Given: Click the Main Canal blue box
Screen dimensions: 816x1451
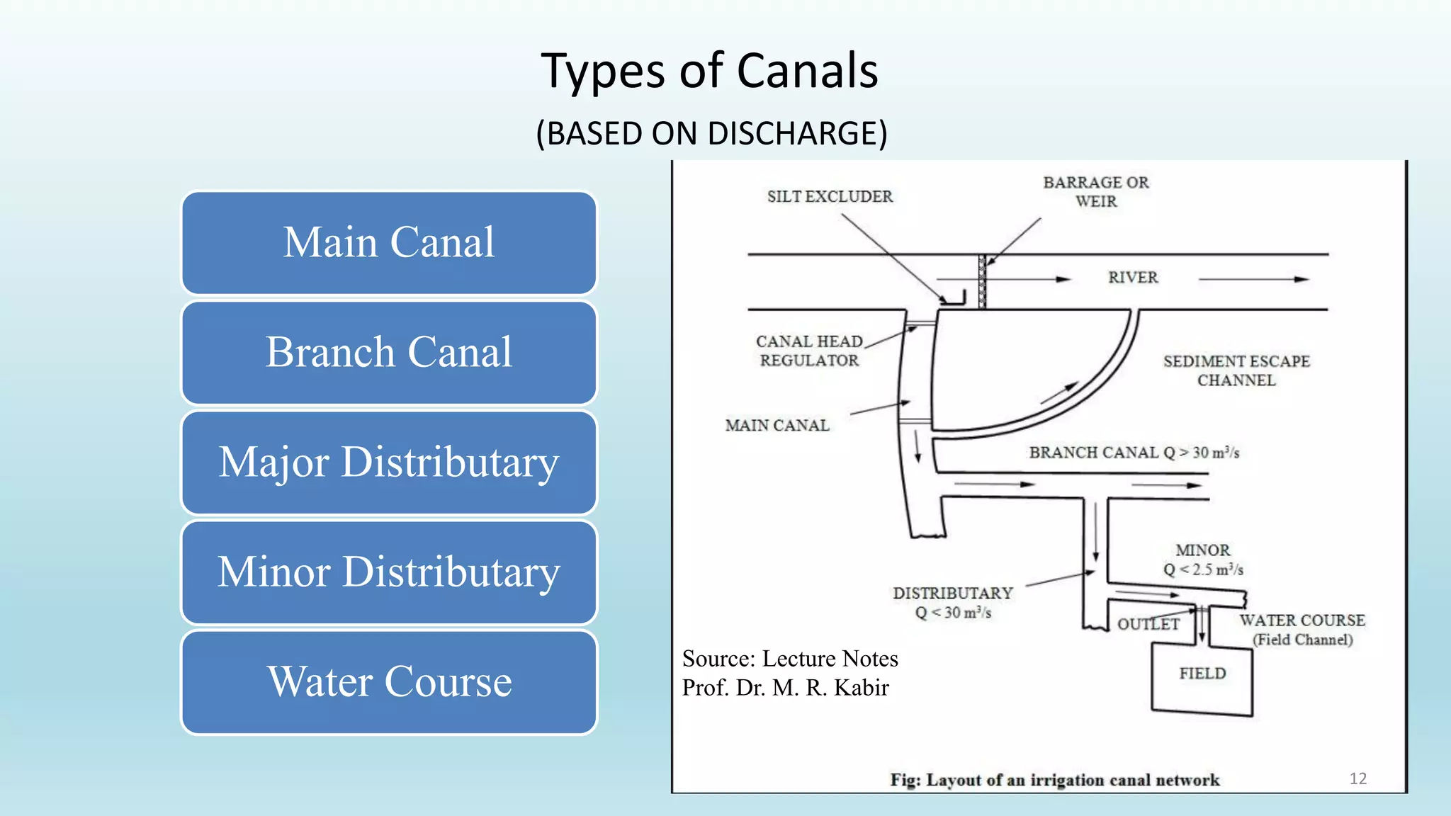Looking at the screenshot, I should pyautogui.click(x=389, y=242).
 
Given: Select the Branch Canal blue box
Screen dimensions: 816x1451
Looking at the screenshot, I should pyautogui.click(x=389, y=352).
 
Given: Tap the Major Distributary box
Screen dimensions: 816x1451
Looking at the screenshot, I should pyautogui.click(x=389, y=462).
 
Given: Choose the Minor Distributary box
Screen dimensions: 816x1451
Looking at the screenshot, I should pyautogui.click(x=389, y=572).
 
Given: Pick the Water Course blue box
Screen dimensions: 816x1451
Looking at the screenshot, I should pyautogui.click(x=389, y=681).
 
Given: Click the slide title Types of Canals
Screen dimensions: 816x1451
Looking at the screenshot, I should pyautogui.click(x=709, y=71).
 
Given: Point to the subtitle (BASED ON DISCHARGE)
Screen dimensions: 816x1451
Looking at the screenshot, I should pyautogui.click(x=711, y=133).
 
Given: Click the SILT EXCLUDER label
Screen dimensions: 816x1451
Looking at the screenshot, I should pyautogui.click(x=830, y=197).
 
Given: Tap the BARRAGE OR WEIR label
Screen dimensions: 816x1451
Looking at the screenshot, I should pyautogui.click(x=1095, y=192).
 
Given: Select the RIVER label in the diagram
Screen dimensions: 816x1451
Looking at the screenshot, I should pyautogui.click(x=1133, y=278).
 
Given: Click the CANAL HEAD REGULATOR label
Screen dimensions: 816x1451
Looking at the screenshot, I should pyautogui.click(x=809, y=351).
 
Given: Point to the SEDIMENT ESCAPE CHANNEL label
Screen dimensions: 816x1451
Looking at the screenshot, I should pyautogui.click(x=1236, y=370).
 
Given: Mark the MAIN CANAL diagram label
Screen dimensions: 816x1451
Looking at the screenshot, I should pyautogui.click(x=777, y=426).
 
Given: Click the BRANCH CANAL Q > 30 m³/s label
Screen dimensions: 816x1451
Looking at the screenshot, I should pyautogui.click(x=1134, y=453).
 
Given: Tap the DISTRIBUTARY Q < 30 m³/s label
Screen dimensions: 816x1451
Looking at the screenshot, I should pyautogui.click(x=953, y=603).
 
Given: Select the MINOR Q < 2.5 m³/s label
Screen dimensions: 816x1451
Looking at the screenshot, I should pyautogui.click(x=1203, y=560).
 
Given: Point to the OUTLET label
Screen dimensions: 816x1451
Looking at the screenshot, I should pyautogui.click(x=1148, y=624).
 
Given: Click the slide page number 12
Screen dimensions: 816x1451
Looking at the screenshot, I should pyautogui.click(x=1357, y=778).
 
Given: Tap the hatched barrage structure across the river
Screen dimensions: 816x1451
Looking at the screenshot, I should pyautogui.click(x=982, y=282).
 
